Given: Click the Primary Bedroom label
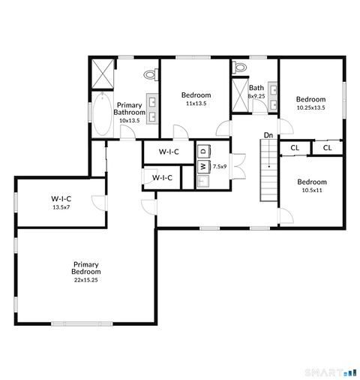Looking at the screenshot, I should click(86, 267).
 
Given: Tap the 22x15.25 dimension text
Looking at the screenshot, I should click(86, 279).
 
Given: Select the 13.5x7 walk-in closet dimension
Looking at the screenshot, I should click(61, 207).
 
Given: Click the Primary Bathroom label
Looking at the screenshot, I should click(130, 109).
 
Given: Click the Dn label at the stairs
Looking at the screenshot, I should click(268, 135).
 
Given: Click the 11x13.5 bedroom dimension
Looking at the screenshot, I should click(196, 104).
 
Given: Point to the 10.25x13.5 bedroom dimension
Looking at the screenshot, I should click(310, 107).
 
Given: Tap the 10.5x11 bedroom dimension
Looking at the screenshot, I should click(311, 190).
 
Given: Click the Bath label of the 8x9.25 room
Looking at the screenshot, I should click(256, 88).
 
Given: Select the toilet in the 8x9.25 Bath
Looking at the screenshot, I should click(240, 67).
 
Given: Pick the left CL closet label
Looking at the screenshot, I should click(295, 148).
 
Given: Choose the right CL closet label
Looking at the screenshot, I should click(328, 148).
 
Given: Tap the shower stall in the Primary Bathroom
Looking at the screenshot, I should click(102, 74).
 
